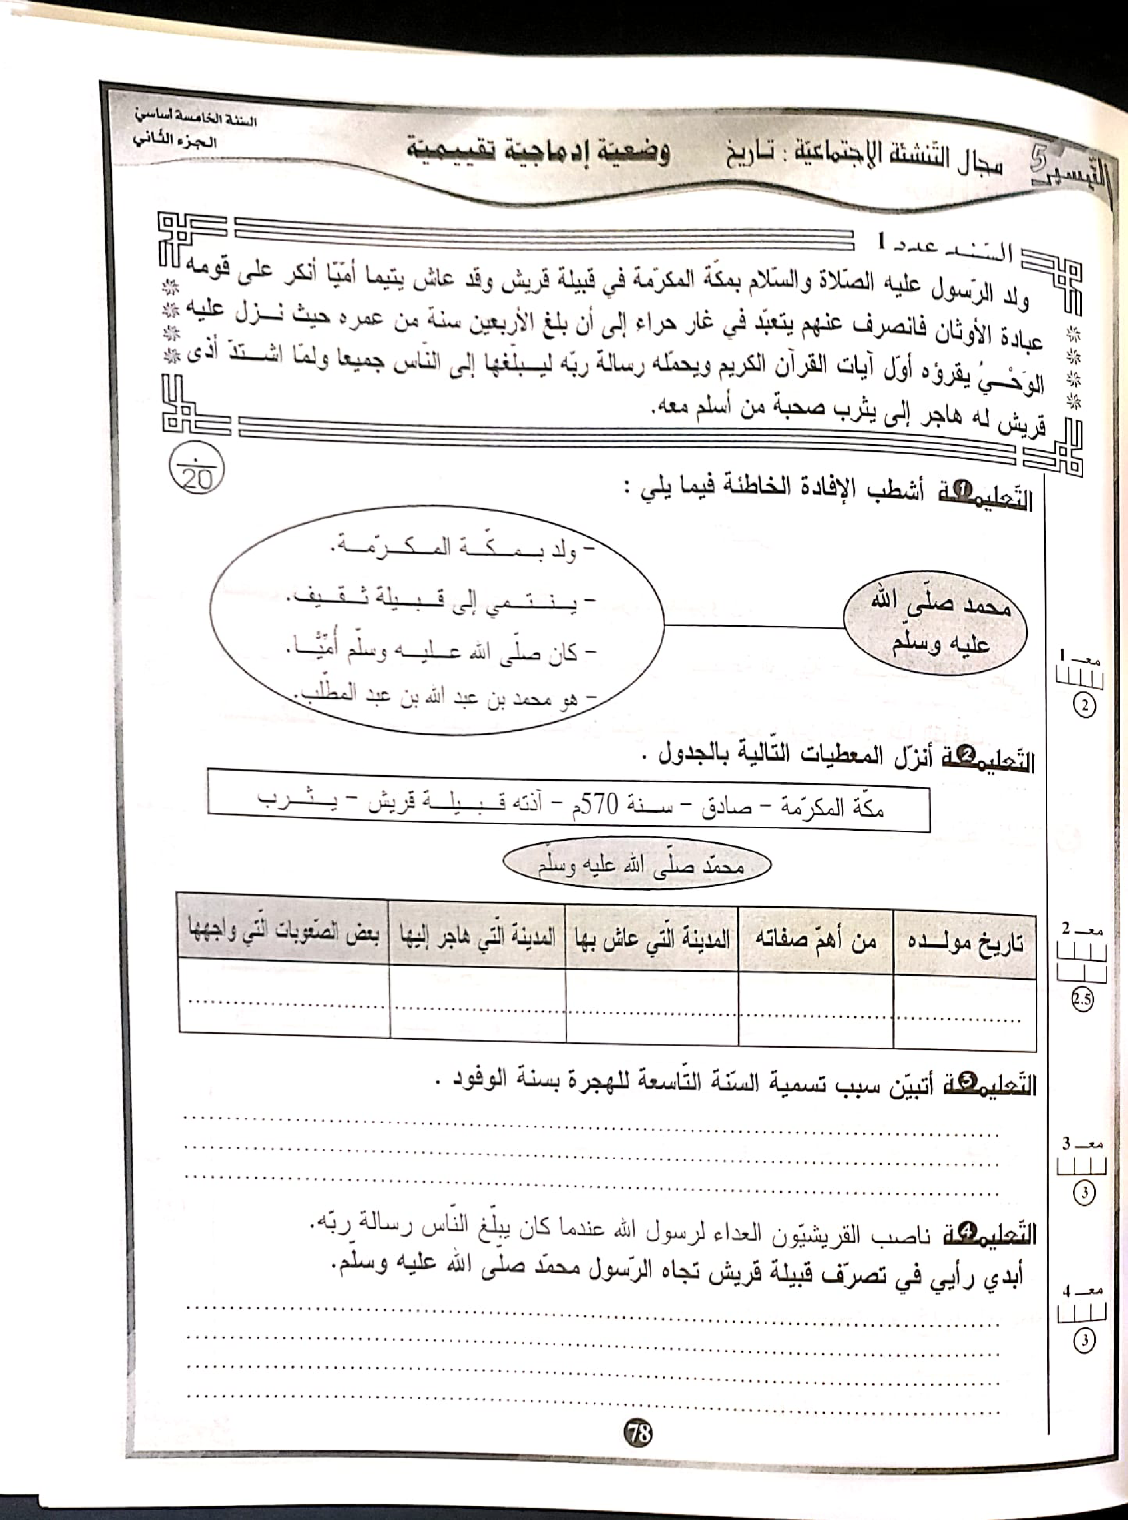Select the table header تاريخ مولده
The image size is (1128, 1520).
pyautogui.click(x=965, y=943)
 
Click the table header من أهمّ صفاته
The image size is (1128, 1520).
pyautogui.click(x=815, y=940)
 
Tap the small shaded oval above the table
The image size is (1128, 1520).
pyautogui.click(x=637, y=866)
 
